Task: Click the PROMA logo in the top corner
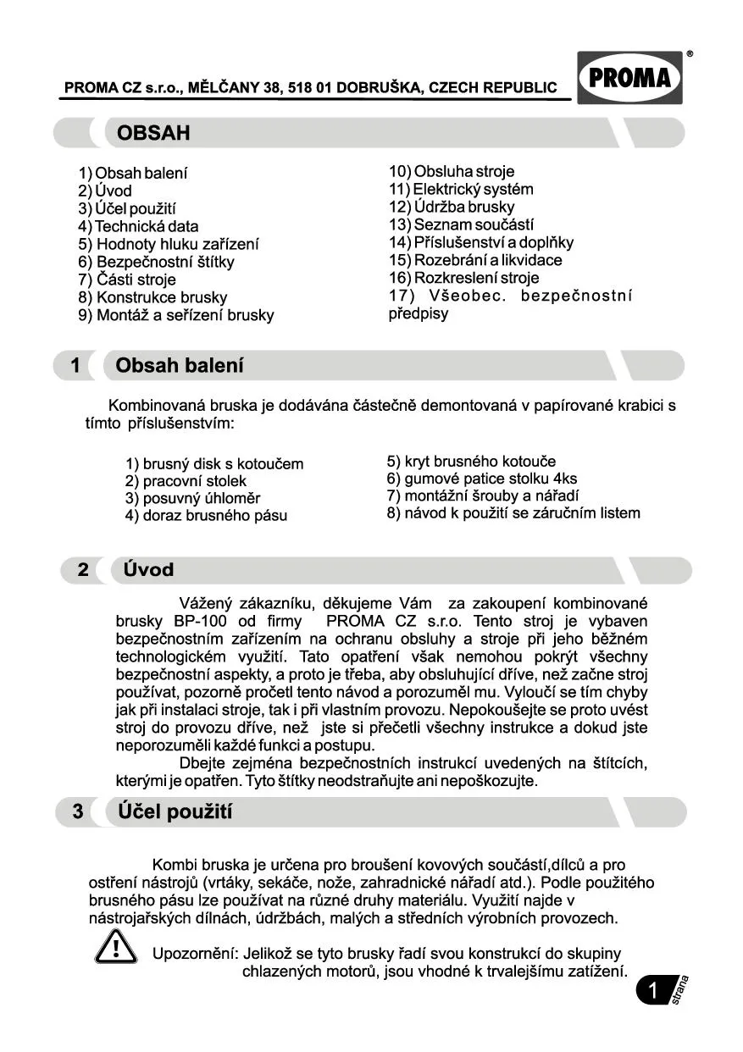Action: (x=629, y=78)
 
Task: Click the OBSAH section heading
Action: (x=153, y=133)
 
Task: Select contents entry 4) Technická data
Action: (x=138, y=226)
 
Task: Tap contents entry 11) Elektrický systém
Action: (x=461, y=189)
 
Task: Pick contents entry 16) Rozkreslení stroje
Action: (x=463, y=278)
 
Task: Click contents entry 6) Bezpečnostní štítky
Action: (x=156, y=262)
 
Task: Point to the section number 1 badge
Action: (x=75, y=366)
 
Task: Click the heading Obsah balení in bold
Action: (x=179, y=366)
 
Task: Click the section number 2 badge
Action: (x=82, y=570)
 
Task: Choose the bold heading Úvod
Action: (x=148, y=570)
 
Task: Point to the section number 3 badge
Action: (x=78, y=811)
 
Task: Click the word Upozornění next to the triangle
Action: (x=194, y=954)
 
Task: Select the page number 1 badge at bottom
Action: (x=653, y=990)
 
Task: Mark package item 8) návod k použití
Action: (x=513, y=513)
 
